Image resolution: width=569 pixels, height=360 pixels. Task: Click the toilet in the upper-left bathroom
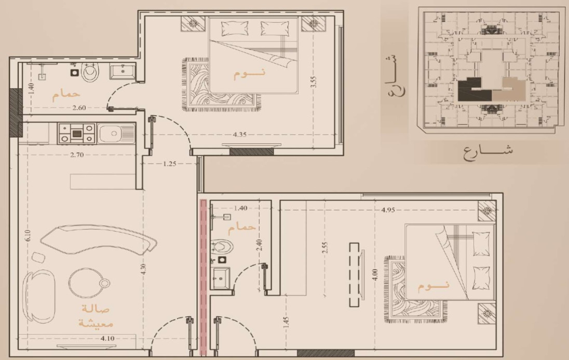coord(90,71)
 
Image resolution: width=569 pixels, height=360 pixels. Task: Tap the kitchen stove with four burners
coord(76,134)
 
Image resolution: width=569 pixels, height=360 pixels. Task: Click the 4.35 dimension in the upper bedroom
coord(239,135)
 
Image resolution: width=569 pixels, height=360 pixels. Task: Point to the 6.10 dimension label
coord(28,235)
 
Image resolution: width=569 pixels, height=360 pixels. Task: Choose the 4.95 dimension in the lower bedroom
coord(388,209)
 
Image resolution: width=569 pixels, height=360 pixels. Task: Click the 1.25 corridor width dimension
coord(169,164)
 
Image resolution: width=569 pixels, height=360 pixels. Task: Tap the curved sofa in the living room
coord(99,239)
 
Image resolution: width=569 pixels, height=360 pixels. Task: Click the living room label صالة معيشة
coord(96,316)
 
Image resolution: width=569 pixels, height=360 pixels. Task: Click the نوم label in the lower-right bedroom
coord(433,285)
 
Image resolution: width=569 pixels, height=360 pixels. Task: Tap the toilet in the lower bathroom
coord(222,247)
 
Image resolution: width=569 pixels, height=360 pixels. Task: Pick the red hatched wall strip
coord(203,277)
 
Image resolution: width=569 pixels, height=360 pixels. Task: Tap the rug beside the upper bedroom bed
coord(221,85)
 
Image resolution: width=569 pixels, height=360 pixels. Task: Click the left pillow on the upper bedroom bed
coord(235,28)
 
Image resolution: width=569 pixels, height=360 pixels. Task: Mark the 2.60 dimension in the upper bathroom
coord(79,108)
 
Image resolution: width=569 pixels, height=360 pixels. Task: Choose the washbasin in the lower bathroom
coord(221,278)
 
